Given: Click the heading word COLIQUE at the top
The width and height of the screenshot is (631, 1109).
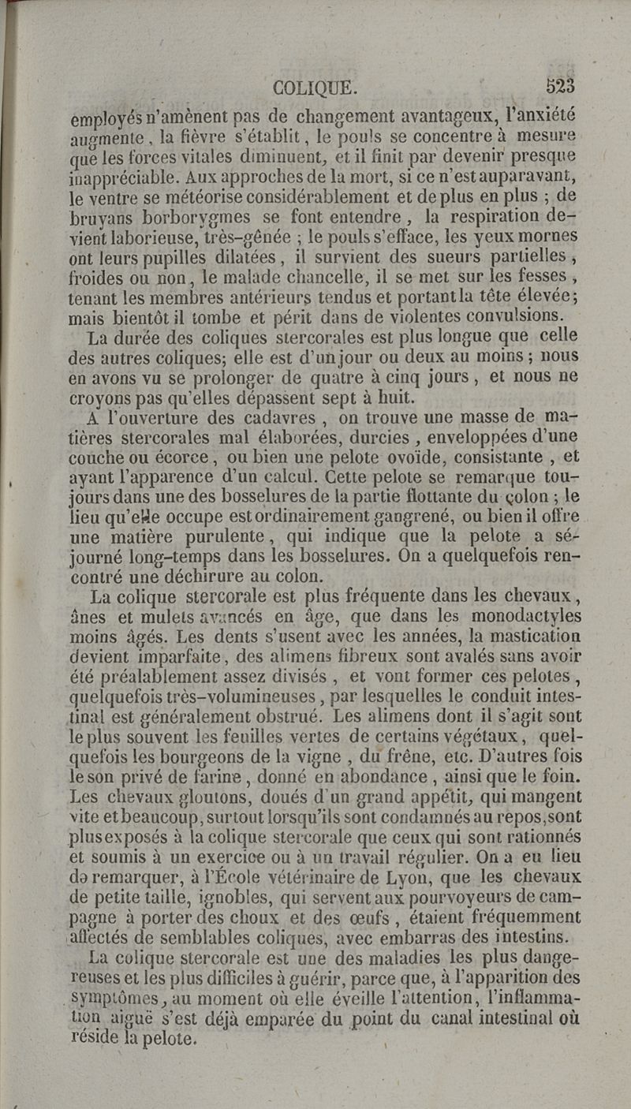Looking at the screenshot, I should pyautogui.click(x=313, y=84).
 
